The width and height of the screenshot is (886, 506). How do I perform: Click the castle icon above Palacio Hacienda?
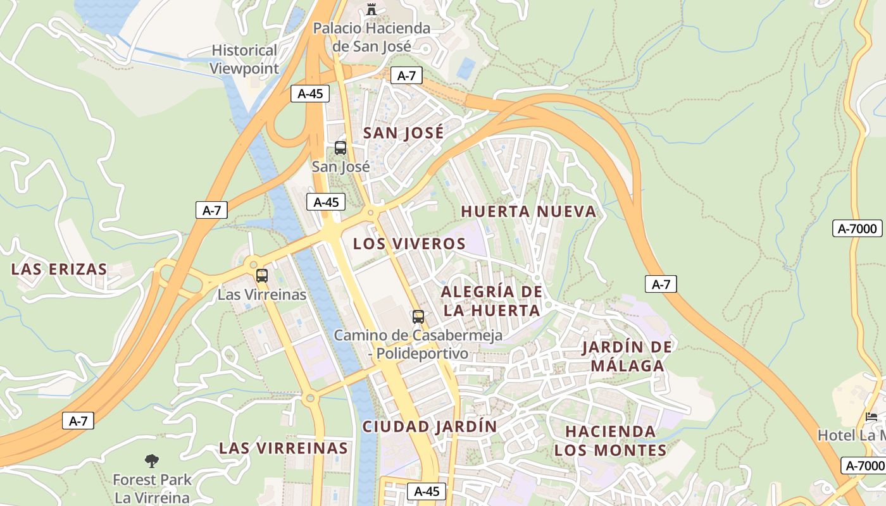click(x=371, y=9)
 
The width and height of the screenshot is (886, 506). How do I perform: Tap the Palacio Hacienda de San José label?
click(x=372, y=37)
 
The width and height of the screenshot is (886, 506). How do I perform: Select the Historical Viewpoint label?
click(x=244, y=59)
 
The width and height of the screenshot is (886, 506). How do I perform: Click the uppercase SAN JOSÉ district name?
click(x=403, y=133)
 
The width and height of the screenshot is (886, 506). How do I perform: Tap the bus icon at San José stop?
click(x=340, y=149)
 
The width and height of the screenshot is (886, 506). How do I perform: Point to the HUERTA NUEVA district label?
click(x=528, y=211)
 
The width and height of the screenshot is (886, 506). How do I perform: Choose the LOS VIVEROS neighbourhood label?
click(x=409, y=244)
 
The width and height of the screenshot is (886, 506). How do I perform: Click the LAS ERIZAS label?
click(x=59, y=269)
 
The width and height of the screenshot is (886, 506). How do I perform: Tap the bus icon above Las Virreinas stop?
click(x=262, y=276)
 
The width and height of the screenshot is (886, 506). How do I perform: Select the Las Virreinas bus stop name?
click(x=262, y=295)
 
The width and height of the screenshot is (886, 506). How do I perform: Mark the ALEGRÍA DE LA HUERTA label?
click(x=492, y=300)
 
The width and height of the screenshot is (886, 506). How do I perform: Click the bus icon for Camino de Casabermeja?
click(x=418, y=317)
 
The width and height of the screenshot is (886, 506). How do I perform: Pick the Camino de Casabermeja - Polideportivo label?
click(x=418, y=344)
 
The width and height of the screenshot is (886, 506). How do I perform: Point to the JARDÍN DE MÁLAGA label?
click(x=627, y=356)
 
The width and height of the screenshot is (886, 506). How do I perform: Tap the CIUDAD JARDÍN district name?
click(x=430, y=426)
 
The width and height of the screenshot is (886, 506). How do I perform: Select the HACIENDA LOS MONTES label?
click(x=611, y=440)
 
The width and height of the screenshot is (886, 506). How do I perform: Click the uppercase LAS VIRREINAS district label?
click(x=284, y=448)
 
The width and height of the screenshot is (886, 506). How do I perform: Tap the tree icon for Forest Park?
click(x=152, y=460)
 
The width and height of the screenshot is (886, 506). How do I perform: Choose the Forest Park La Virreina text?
click(x=152, y=488)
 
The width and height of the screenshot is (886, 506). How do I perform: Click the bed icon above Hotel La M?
click(x=871, y=416)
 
